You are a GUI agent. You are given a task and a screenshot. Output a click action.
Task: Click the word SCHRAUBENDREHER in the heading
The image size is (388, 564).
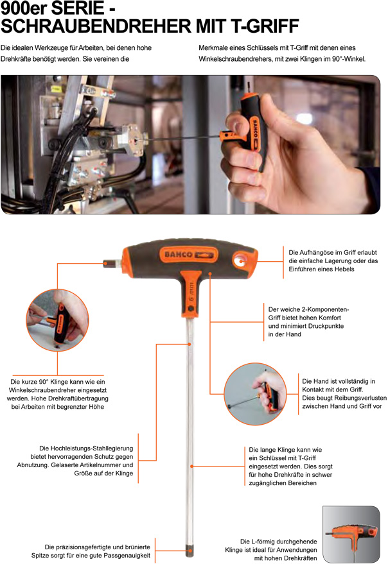pyautogui.click(x=96, y=26)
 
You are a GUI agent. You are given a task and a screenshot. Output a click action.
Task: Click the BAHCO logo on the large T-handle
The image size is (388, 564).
pyautogui.click(x=189, y=255)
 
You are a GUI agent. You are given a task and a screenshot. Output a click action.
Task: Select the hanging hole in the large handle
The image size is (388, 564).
pyautogui.click(x=240, y=259)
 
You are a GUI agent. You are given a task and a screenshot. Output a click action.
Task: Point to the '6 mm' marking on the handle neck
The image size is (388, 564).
pyautogui.click(x=191, y=291)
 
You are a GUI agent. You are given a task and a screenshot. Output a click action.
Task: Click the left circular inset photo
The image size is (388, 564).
pyautogui.click(x=58, y=320)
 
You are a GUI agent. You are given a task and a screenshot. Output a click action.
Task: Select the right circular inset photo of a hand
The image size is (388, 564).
pyautogui.click(x=256, y=393)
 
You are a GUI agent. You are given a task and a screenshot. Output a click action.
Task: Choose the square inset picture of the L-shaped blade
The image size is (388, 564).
pyautogui.click(x=351, y=534)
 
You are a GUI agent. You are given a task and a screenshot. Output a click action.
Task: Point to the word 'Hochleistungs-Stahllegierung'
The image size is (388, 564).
pyautogui.click(x=86, y=448)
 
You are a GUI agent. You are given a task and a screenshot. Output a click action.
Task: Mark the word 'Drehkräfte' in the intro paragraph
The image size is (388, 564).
pyautogui.click(x=16, y=58)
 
